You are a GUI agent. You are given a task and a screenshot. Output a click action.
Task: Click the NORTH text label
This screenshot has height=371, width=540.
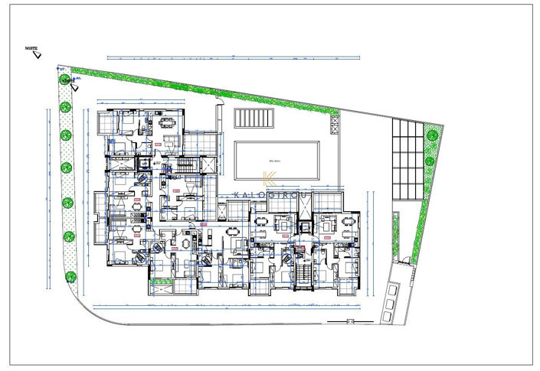point(31,47)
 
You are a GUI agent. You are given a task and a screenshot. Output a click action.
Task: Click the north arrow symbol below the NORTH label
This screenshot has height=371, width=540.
point(37,55)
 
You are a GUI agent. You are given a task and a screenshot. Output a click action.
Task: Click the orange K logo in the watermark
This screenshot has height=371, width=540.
point(270,181)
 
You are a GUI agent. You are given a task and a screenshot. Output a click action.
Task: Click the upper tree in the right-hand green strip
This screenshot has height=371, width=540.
point(432,135)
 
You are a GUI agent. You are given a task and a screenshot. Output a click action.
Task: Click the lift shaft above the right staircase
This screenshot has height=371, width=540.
point(306,228)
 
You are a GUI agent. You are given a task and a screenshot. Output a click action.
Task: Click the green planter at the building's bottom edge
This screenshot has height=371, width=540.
point(162,286)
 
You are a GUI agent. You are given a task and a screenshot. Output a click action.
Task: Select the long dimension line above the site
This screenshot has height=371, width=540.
point(230,57)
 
